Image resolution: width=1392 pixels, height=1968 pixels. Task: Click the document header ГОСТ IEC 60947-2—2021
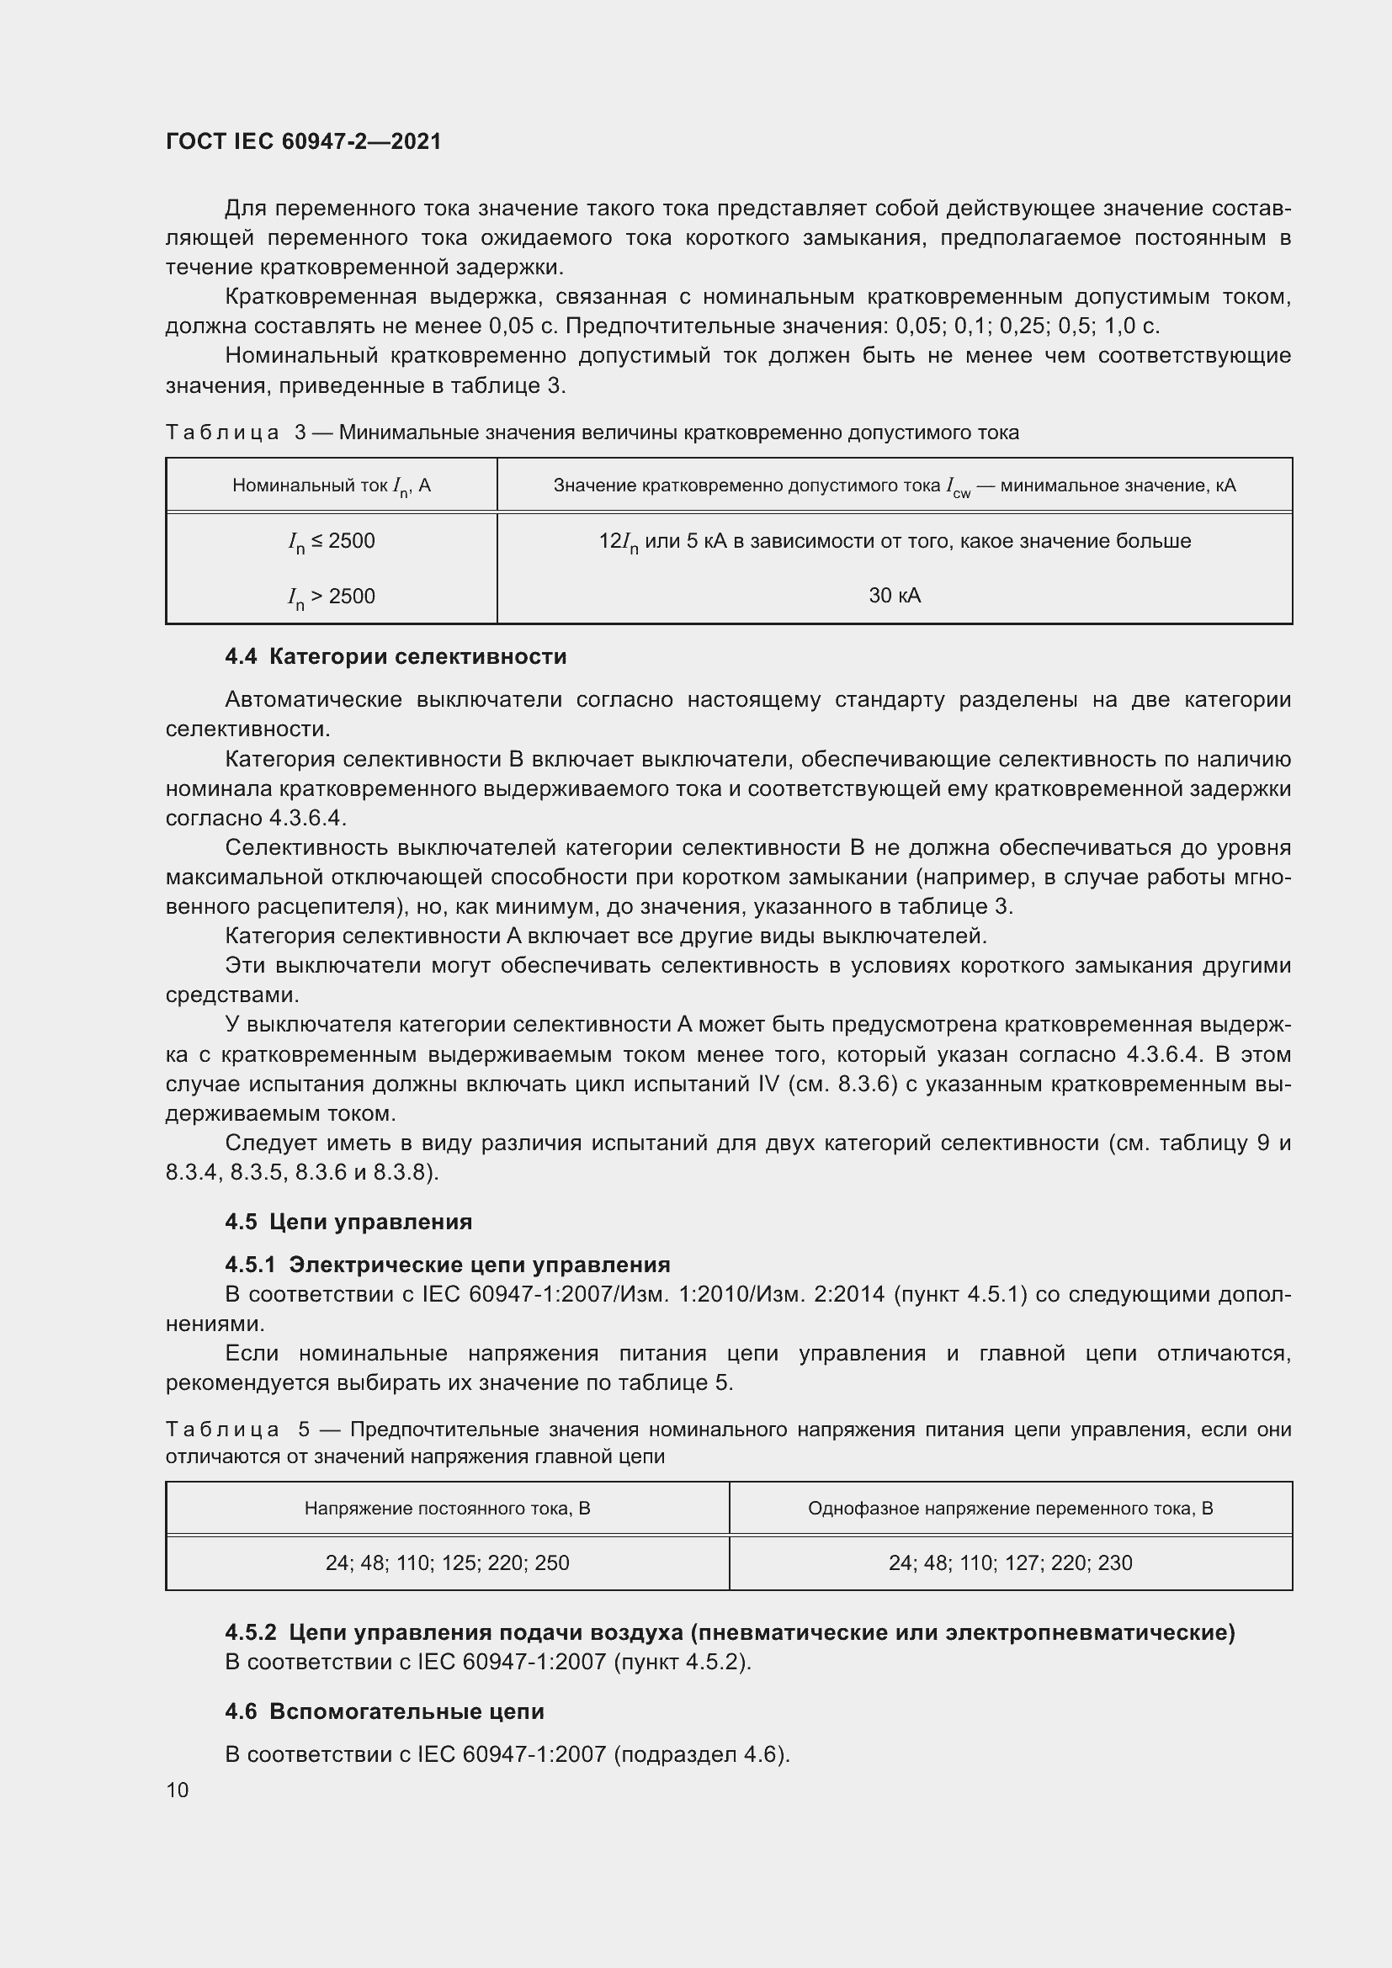pos(304,141)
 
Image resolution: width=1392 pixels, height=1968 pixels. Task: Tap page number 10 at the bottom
pos(178,1790)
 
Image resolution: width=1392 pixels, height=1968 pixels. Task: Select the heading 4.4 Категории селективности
pos(396,656)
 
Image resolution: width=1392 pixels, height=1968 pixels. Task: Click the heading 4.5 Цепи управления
pos(348,1222)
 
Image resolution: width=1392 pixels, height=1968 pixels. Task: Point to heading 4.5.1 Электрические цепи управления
pos(448,1265)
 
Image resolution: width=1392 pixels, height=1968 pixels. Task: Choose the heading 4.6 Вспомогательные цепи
pos(384,1711)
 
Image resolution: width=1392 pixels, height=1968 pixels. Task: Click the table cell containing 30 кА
pos(894,595)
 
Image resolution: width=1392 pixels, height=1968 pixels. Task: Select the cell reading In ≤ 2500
pos(331,542)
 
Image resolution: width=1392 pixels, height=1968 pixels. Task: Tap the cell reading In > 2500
pos(331,597)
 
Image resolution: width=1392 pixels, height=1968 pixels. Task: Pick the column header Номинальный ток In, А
pos(331,486)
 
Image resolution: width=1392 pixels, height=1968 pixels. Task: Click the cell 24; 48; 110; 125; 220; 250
pos(447,1562)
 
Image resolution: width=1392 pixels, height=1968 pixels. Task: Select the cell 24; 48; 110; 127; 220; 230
pos(1010,1562)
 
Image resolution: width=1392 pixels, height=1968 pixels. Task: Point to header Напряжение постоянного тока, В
pos(447,1508)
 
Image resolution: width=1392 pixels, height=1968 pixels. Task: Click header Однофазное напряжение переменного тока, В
pos(1010,1508)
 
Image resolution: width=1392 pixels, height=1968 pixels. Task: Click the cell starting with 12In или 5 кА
pos(894,542)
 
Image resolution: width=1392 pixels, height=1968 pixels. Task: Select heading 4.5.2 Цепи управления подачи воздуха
pos(730,1632)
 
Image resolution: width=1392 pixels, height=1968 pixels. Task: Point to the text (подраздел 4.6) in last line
pos(701,1753)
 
